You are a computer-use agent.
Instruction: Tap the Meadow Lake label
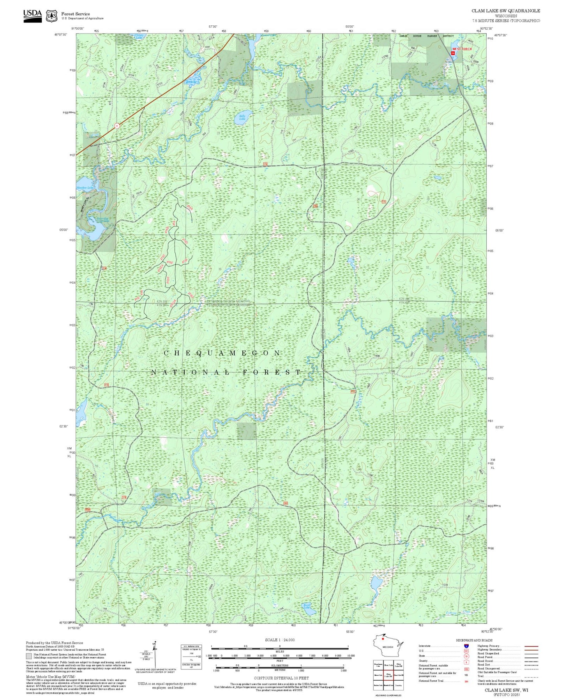click(85, 188)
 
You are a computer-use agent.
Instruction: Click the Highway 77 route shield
click(116, 125)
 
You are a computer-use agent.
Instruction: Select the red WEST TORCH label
click(462, 49)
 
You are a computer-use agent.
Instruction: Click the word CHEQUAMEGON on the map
click(222, 353)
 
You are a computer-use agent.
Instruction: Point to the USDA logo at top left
click(32, 15)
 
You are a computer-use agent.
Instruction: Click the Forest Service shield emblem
click(51, 16)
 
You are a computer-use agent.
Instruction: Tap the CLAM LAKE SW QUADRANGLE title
click(505, 11)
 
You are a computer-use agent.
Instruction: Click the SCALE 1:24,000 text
click(279, 640)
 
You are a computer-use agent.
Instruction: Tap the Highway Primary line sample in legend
click(531, 646)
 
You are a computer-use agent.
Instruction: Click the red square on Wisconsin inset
click(383, 650)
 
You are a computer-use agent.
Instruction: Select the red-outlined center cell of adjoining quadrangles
click(388, 674)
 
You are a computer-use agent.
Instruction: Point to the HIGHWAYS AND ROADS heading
click(474, 640)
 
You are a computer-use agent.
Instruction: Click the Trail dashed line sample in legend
click(531, 676)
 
